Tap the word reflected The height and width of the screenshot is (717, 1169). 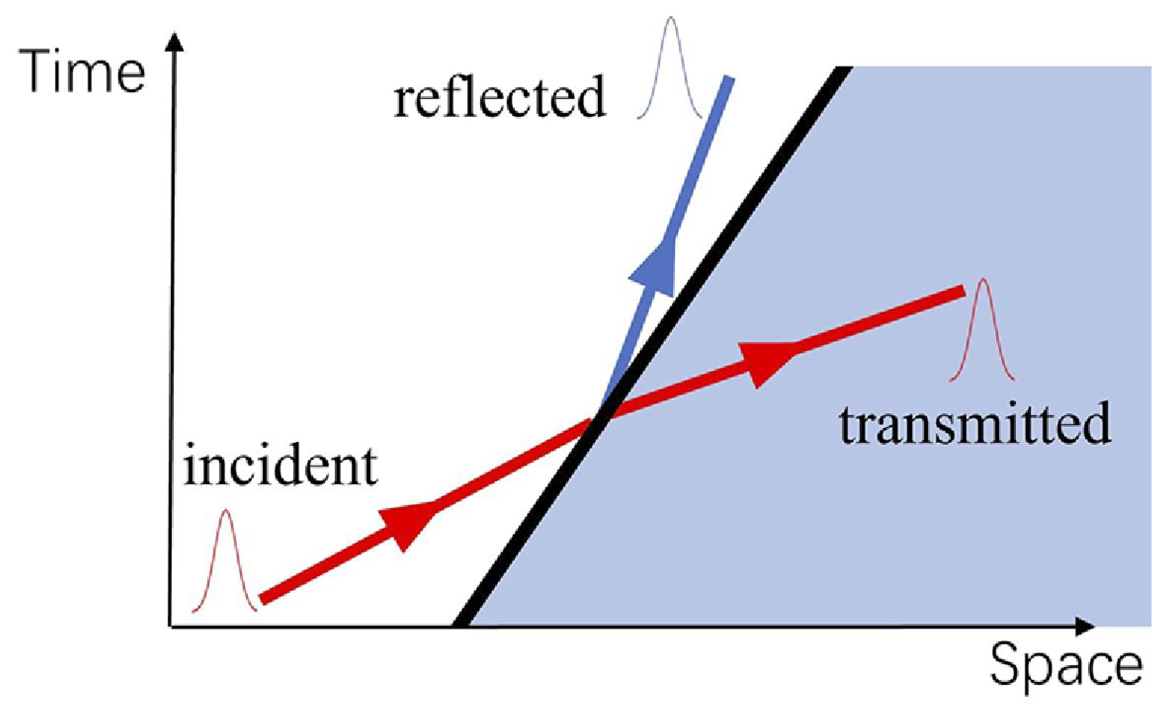click(499, 97)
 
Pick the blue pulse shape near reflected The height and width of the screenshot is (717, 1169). click(670, 67)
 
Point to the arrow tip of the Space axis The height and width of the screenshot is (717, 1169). click(1088, 627)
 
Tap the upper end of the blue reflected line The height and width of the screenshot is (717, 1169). click(729, 78)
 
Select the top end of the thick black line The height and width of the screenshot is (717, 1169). click(843, 69)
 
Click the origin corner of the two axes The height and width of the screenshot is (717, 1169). click(171, 627)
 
